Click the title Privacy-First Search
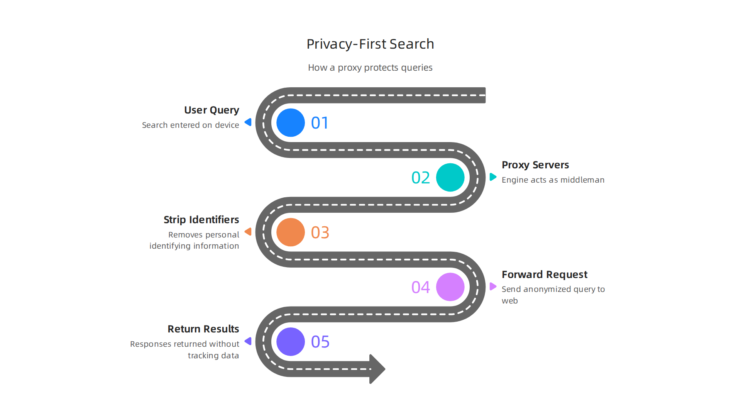click(x=370, y=44)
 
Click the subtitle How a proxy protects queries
click(x=370, y=68)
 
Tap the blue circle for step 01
click(x=291, y=123)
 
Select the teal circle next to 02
click(x=450, y=178)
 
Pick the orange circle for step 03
click(x=291, y=232)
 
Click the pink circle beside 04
click(x=450, y=287)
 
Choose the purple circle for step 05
click(x=291, y=342)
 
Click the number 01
click(x=320, y=123)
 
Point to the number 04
click(x=420, y=287)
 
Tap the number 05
click(x=320, y=342)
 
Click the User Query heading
click(x=211, y=110)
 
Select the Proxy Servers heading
click(x=535, y=165)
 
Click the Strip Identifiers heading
click(x=201, y=220)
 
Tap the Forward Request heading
click(x=544, y=275)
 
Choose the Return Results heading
click(x=203, y=329)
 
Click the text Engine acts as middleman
click(x=553, y=180)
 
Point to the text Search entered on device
click(x=190, y=125)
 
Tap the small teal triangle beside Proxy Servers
click(x=493, y=177)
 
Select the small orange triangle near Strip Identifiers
click(x=249, y=232)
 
